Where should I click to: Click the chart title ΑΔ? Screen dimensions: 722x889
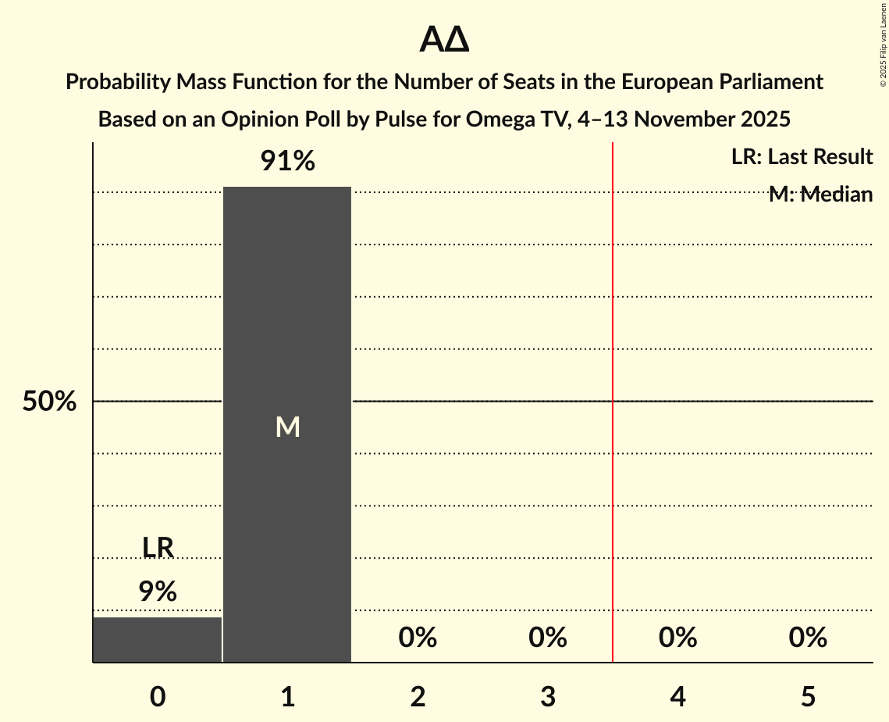444,39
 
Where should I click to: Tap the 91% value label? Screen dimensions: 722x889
287,162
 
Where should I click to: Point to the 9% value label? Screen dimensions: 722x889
158,592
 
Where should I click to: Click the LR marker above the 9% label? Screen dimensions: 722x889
158,548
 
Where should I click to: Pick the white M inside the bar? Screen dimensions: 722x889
287,427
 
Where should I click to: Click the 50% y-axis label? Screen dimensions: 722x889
49,402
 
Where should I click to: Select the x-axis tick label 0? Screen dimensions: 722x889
158,696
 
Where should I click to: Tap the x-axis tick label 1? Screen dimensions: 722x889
287,696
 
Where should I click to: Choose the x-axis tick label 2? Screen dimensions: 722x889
418,696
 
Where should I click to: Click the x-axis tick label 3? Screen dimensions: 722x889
548,696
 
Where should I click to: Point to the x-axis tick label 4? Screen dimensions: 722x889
677,696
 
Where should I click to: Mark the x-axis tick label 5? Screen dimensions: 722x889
808,696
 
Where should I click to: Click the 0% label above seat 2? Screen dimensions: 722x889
418,638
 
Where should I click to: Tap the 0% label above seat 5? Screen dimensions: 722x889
808,638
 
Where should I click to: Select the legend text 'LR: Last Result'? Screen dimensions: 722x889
802,157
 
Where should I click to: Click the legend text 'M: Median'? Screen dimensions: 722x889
820,194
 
